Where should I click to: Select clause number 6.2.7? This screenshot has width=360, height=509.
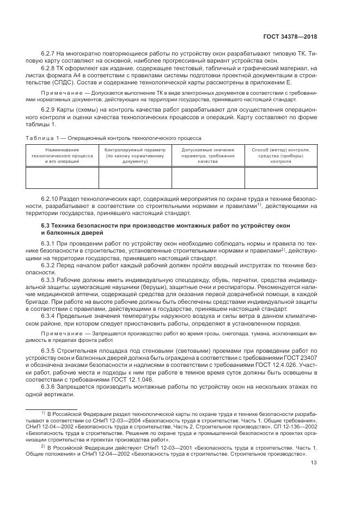tap(50, 53)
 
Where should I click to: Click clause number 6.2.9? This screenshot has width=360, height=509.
tap(50, 111)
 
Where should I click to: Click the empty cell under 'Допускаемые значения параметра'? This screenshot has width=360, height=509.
tap(208, 177)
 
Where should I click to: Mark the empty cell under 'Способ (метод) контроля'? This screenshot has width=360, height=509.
tap(280, 177)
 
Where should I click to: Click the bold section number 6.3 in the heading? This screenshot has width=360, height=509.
tap(46, 225)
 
